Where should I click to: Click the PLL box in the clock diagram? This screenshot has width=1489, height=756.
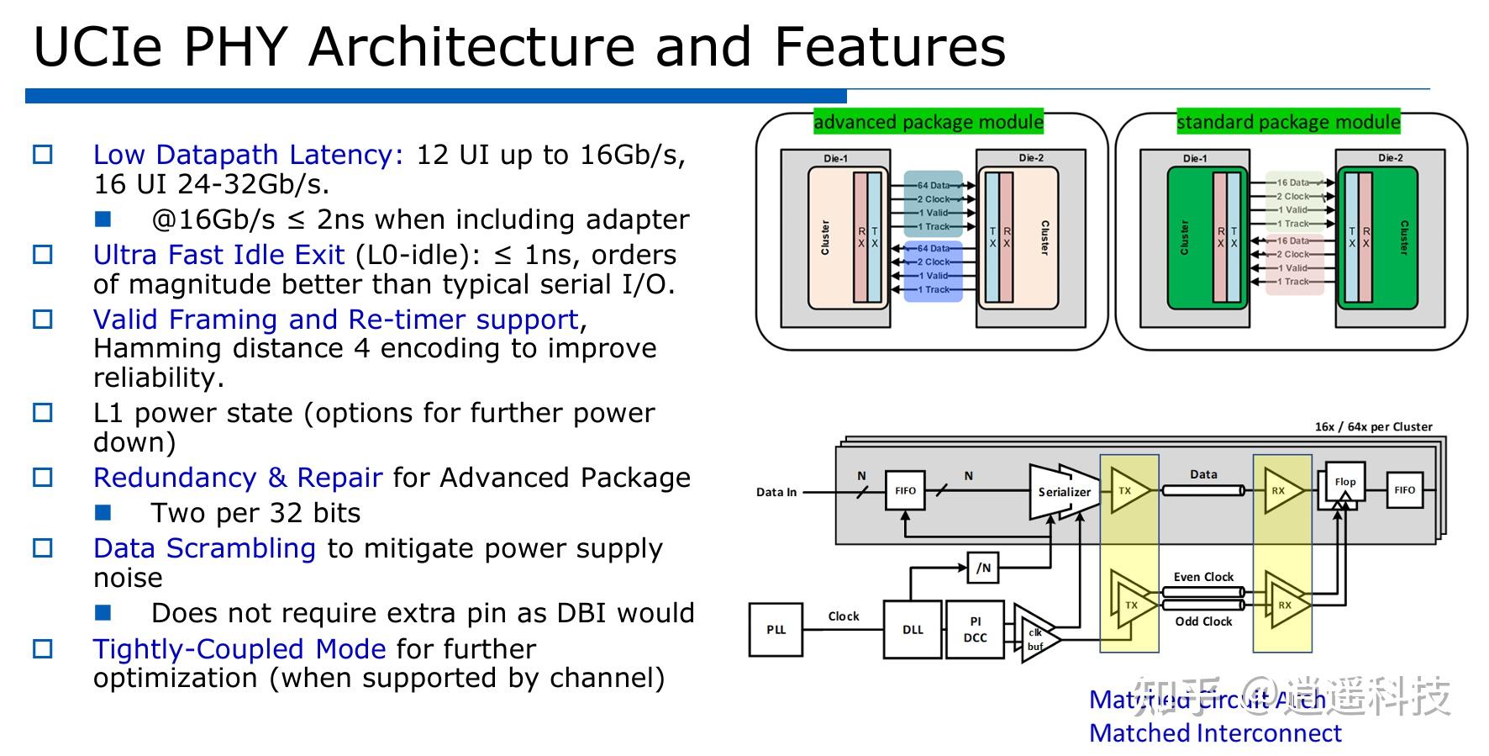coord(776,629)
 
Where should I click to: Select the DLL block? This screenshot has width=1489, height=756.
coord(913,629)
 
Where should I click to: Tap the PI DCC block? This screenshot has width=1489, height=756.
coord(975,629)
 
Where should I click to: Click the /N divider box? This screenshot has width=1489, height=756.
coord(983,568)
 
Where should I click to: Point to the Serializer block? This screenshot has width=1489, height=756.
coord(1064,492)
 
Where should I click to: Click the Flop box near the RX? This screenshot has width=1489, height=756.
coord(1344,483)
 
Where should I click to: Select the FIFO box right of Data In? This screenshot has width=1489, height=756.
coord(905,490)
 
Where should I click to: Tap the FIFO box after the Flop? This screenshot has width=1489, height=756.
coord(1404,489)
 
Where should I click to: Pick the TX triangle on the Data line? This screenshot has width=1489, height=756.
coord(1127,490)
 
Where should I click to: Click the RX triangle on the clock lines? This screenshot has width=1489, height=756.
coord(1284,605)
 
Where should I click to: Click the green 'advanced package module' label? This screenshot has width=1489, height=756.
coord(928,122)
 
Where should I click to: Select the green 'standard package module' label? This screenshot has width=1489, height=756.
coord(1287,122)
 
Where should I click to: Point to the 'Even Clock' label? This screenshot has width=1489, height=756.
coord(1203,577)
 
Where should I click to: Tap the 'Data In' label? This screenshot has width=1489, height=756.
coord(776,492)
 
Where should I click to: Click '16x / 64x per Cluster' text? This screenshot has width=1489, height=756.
coord(1373,426)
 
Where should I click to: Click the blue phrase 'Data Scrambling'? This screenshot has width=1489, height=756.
coord(204,548)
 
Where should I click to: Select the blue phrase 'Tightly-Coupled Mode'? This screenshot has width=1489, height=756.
coord(239,649)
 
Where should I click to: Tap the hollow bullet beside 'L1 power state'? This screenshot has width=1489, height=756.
coord(42,413)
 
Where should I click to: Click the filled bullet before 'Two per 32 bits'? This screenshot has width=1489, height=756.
coord(103,512)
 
